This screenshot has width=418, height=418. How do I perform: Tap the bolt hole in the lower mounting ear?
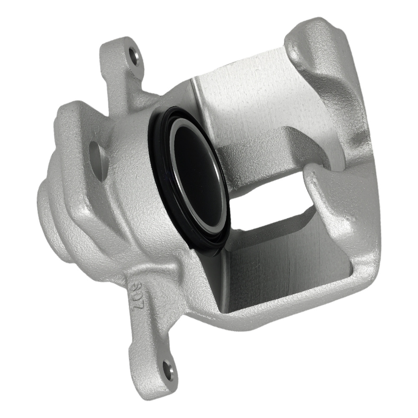coord(168,370)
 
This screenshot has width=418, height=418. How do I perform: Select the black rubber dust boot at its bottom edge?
coord(209,251)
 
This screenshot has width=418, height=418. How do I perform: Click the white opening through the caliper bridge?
coord(272,201)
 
